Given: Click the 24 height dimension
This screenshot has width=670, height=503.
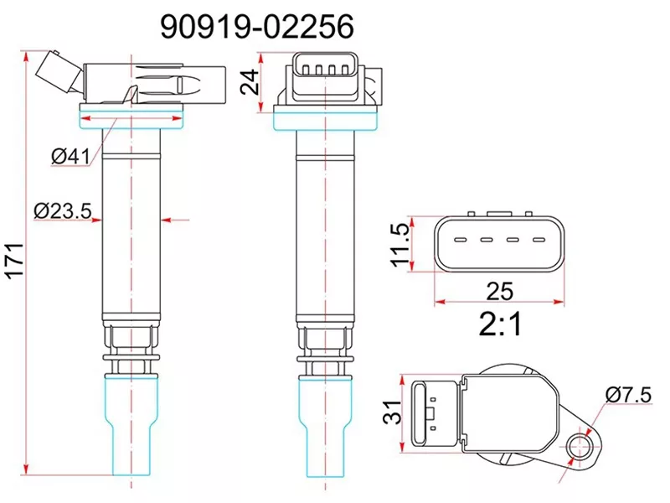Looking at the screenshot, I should pos(249,81).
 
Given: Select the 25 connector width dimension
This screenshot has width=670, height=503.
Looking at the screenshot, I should pos(501,290).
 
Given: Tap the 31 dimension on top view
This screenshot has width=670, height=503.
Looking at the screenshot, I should pos(391,412).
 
